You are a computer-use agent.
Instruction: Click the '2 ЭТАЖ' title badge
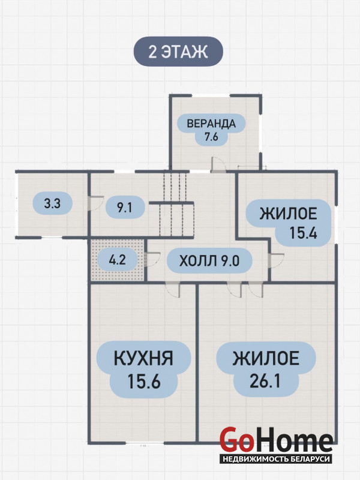point(178,52)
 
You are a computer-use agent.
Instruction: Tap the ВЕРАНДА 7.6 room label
point(211,130)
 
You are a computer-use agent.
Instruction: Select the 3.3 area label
point(52,203)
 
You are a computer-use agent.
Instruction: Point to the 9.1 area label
point(125,208)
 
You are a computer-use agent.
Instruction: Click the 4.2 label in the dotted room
point(117,260)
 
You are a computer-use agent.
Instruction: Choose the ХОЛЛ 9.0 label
point(209,261)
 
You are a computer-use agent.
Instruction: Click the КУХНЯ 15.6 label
point(143,370)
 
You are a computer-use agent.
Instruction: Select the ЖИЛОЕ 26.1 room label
point(266,370)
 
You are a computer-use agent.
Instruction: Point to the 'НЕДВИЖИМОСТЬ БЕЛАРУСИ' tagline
point(276,459)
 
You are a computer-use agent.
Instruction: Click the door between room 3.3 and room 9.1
point(92,203)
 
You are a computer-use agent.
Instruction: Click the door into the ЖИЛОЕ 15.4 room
point(275,261)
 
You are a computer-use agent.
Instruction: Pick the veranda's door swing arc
point(218,164)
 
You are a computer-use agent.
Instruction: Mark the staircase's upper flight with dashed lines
point(175,187)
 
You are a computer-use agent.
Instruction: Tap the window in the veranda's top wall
point(212,95)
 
